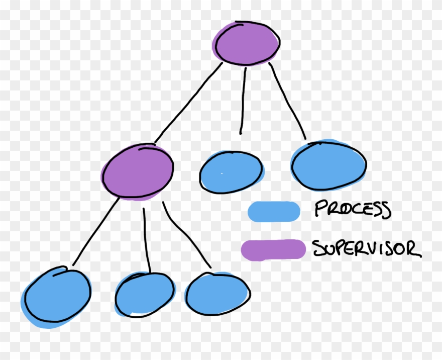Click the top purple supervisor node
tap(246, 43)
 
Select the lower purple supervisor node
tap(138, 171)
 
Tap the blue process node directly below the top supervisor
tap(231, 171)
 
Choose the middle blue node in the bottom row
tap(145, 295)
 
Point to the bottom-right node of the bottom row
tap(217, 294)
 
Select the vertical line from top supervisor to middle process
tap(243, 101)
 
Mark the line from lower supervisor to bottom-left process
tap(95, 231)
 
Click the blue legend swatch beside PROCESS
tap(274, 211)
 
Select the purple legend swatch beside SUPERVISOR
tap(273, 250)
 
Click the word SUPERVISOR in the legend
tap(366, 248)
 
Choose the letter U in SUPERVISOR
tap(328, 248)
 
